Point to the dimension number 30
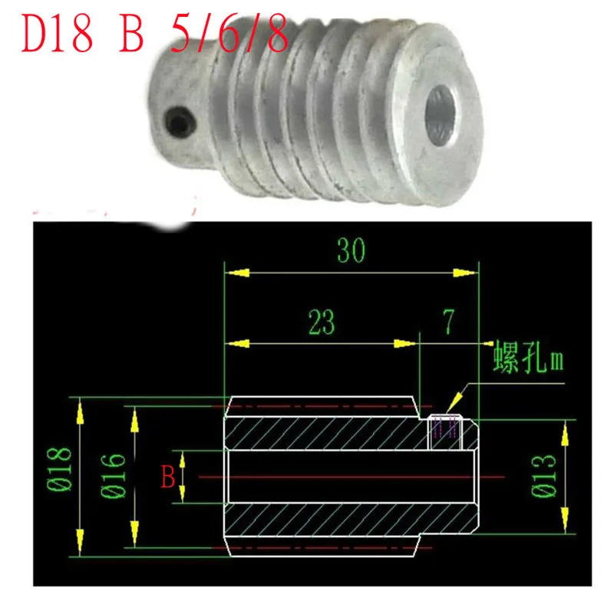tap(350, 250)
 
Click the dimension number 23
tap(322, 322)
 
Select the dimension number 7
tap(450, 322)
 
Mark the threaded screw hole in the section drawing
tap(446, 432)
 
